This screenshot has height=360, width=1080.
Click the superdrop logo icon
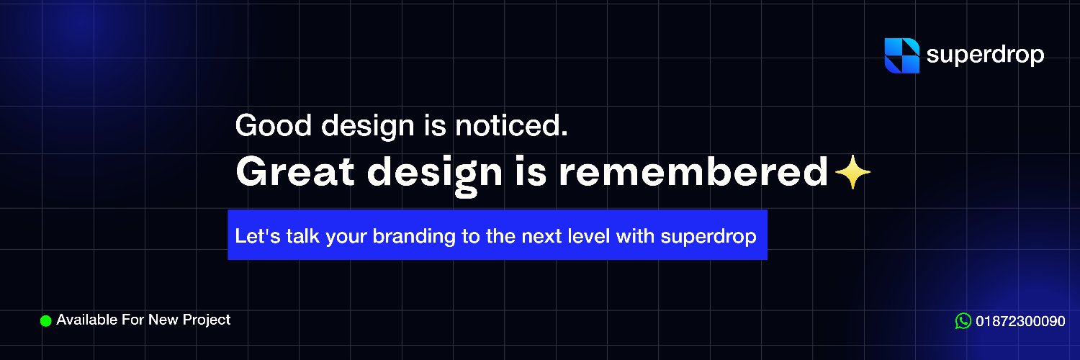click(901, 55)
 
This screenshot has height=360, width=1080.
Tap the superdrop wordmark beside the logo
click(985, 55)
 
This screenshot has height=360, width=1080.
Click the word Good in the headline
click(274, 125)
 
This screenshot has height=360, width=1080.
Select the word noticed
click(511, 125)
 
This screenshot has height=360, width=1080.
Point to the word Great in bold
click(295, 172)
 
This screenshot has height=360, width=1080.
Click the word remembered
click(693, 172)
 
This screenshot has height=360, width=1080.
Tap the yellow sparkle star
click(852, 172)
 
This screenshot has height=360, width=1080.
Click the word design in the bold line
click(435, 176)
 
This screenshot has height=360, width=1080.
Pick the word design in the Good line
click(368, 127)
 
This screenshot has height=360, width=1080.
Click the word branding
click(414, 237)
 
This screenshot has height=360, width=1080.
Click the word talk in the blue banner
click(303, 236)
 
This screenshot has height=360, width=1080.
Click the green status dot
click(46, 321)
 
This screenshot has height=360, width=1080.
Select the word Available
click(87, 320)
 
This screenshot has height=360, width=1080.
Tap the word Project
click(207, 320)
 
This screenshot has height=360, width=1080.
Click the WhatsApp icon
click(963, 321)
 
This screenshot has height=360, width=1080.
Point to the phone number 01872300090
click(1020, 321)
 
